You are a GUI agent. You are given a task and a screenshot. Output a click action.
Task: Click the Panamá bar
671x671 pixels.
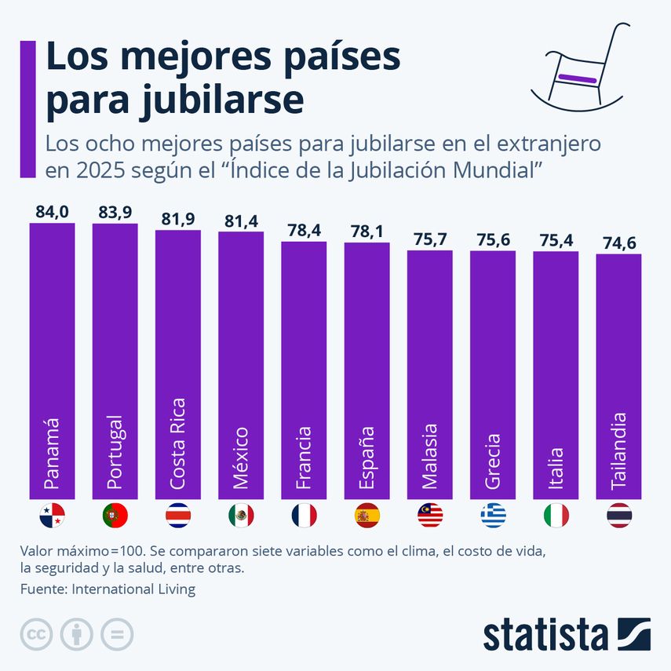(x=52, y=361)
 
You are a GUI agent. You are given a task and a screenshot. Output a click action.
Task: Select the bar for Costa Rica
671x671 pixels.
(x=178, y=365)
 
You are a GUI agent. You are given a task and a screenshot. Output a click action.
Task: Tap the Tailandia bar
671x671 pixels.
(x=618, y=377)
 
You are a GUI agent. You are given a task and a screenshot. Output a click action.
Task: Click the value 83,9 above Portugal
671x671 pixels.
(x=115, y=212)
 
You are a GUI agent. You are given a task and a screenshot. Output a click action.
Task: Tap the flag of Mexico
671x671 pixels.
(x=241, y=515)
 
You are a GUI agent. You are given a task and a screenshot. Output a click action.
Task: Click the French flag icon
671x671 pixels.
(x=304, y=515)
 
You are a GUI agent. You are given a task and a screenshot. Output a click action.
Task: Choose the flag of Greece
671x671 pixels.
(x=493, y=515)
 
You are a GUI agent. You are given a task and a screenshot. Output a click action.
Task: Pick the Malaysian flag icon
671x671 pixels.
(x=430, y=515)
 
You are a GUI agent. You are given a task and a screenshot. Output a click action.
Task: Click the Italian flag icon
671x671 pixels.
(x=556, y=515)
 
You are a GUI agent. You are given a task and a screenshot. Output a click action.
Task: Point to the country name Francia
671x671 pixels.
(x=304, y=458)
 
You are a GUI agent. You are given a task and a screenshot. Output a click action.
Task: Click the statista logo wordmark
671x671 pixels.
(x=545, y=634)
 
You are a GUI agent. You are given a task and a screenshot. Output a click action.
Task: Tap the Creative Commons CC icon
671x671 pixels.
(x=36, y=634)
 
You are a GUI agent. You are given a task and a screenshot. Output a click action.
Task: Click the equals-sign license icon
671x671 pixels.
(x=116, y=634)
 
